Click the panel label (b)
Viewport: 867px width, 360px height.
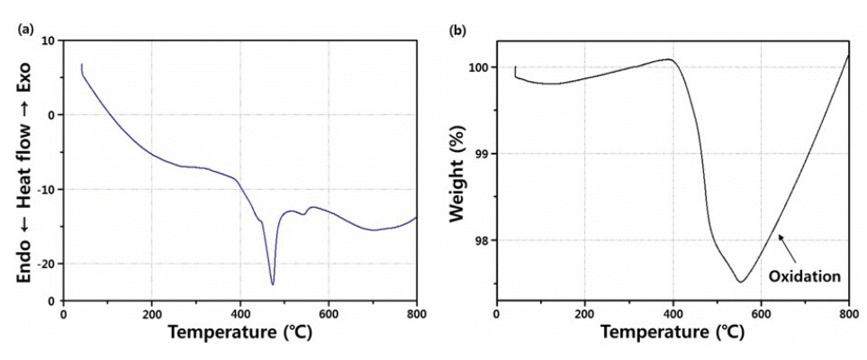[456, 29]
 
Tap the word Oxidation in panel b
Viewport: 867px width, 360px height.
[804, 278]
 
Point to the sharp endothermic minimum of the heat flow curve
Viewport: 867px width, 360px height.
[272, 284]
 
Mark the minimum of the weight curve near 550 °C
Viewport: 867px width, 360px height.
[740, 282]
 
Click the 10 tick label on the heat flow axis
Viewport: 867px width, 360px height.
[47, 40]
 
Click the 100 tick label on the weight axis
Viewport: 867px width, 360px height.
[480, 67]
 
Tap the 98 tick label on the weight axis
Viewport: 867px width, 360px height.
[483, 240]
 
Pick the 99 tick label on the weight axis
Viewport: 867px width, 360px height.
[483, 154]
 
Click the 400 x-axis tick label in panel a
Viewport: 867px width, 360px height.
[239, 315]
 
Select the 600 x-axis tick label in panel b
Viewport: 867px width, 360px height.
[761, 315]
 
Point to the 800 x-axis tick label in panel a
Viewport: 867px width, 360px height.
[415, 315]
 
